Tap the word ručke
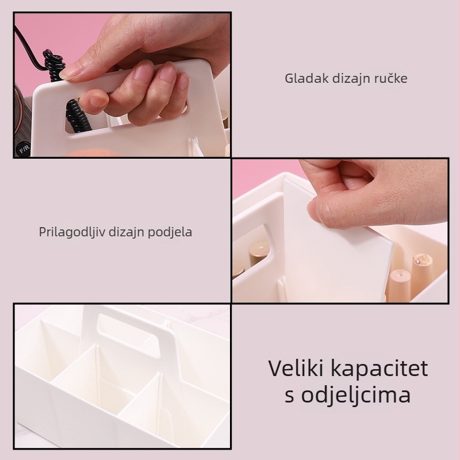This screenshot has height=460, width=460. [392, 78]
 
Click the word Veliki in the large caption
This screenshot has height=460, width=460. [294, 369]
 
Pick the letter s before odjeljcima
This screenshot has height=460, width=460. [290, 396]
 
